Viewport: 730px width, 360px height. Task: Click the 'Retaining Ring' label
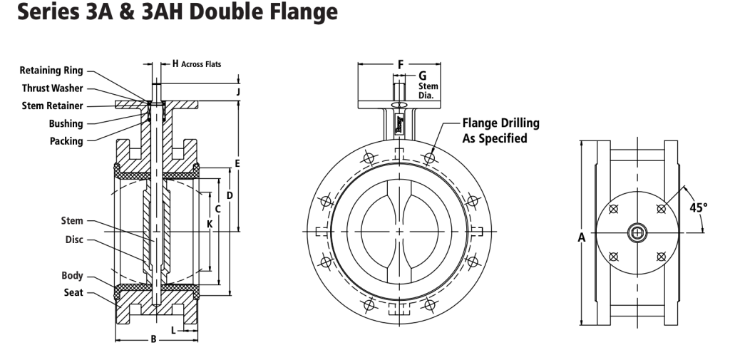pyautogui.click(x=51, y=71)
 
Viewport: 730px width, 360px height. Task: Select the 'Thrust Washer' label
pyautogui.click(x=52, y=88)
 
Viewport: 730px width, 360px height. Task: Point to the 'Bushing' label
pyautogui.click(x=66, y=123)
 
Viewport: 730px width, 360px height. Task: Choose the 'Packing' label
pyautogui.click(x=66, y=141)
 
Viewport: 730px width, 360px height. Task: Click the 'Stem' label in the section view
pyautogui.click(x=72, y=221)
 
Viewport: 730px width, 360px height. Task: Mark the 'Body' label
pyautogui.click(x=72, y=275)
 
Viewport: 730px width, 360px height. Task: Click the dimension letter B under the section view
pyautogui.click(x=153, y=340)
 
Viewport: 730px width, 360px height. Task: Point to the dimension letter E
pyautogui.click(x=237, y=164)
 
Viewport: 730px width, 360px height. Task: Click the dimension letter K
pyautogui.click(x=210, y=224)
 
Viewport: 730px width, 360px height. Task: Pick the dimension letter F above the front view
pyautogui.click(x=401, y=64)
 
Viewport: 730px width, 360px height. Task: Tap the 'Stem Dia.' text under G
pyautogui.click(x=428, y=91)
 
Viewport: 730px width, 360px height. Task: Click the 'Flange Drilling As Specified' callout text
pyautogui.click(x=500, y=130)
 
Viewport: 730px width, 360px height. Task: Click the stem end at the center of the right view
pyautogui.click(x=637, y=232)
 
